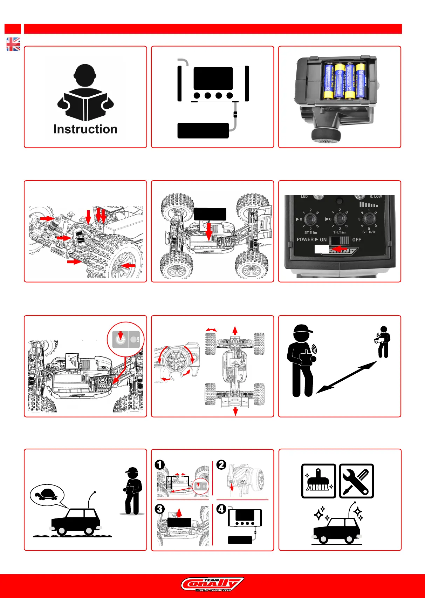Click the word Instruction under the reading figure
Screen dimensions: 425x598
click(85, 129)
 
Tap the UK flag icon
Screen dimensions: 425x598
click(13, 45)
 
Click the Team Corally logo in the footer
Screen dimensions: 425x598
click(212, 584)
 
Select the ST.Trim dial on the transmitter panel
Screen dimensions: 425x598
click(310, 220)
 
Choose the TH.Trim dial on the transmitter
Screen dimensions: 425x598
click(340, 219)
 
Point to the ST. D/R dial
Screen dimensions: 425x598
click(369, 219)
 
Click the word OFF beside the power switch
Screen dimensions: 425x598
click(357, 240)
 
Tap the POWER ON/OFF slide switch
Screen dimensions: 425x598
click(340, 240)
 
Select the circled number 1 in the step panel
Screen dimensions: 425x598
click(160, 465)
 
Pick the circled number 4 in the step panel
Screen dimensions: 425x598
click(221, 509)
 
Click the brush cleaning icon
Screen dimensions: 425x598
click(318, 481)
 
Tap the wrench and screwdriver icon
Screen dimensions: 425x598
click(356, 481)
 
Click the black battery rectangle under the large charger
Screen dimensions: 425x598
click(203, 130)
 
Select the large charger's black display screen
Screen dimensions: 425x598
click(213, 78)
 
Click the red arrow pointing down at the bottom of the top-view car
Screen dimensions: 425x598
click(235, 411)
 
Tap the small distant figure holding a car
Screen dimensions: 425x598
click(383, 341)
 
